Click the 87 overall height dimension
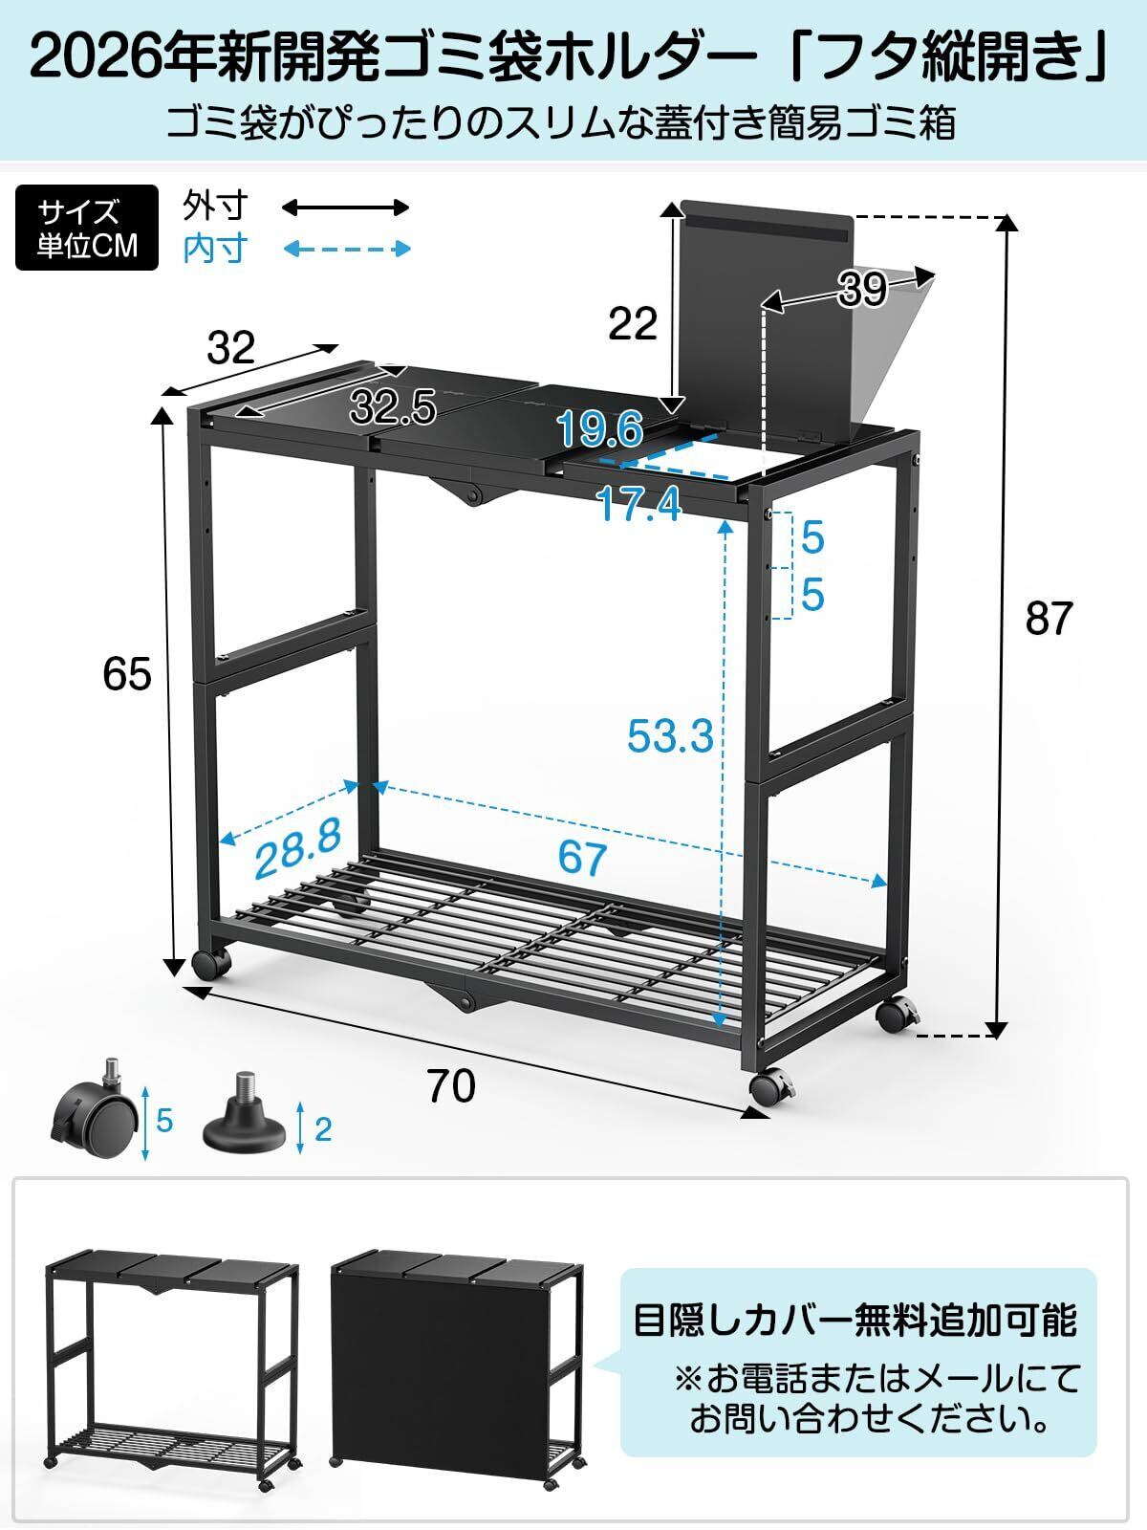tap(1049, 619)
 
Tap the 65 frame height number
tap(127, 674)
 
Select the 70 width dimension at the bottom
tap(451, 1085)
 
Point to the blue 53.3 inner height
tap(670, 736)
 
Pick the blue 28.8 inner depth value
tap(298, 848)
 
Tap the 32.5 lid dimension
tap(394, 407)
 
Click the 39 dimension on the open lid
tap(862, 289)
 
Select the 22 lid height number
tap(633, 323)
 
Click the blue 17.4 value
tap(639, 505)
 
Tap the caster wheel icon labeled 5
tap(91, 1119)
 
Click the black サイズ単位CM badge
tap(86, 228)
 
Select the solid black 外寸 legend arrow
tap(345, 207)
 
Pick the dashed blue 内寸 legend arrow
tap(345, 249)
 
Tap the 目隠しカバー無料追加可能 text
tap(855, 1321)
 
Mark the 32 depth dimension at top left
tap(231, 348)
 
